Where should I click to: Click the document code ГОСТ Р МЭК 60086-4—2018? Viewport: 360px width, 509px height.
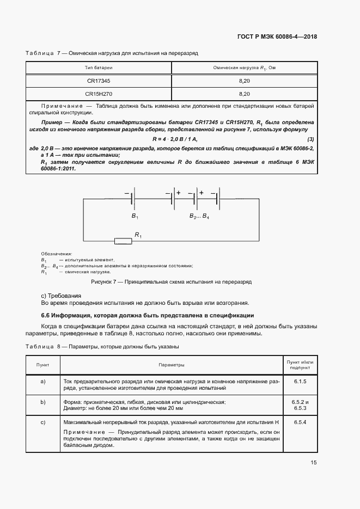click(277, 37)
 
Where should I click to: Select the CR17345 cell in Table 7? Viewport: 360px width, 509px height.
click(98, 81)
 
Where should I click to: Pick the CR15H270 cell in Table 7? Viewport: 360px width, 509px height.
click(98, 93)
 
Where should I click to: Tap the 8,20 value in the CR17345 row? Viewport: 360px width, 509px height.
click(245, 81)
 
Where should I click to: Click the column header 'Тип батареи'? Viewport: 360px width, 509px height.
click(99, 68)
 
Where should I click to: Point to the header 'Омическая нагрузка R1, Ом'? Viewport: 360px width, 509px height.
click(245, 68)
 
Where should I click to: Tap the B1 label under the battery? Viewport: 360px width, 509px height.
click(135, 216)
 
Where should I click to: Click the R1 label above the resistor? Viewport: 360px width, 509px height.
click(138, 235)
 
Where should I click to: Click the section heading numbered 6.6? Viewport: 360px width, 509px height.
click(144, 316)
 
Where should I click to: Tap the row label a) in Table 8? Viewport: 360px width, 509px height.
click(43, 381)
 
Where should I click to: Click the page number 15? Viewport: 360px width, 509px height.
click(314, 463)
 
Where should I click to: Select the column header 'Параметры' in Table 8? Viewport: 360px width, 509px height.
click(171, 365)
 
